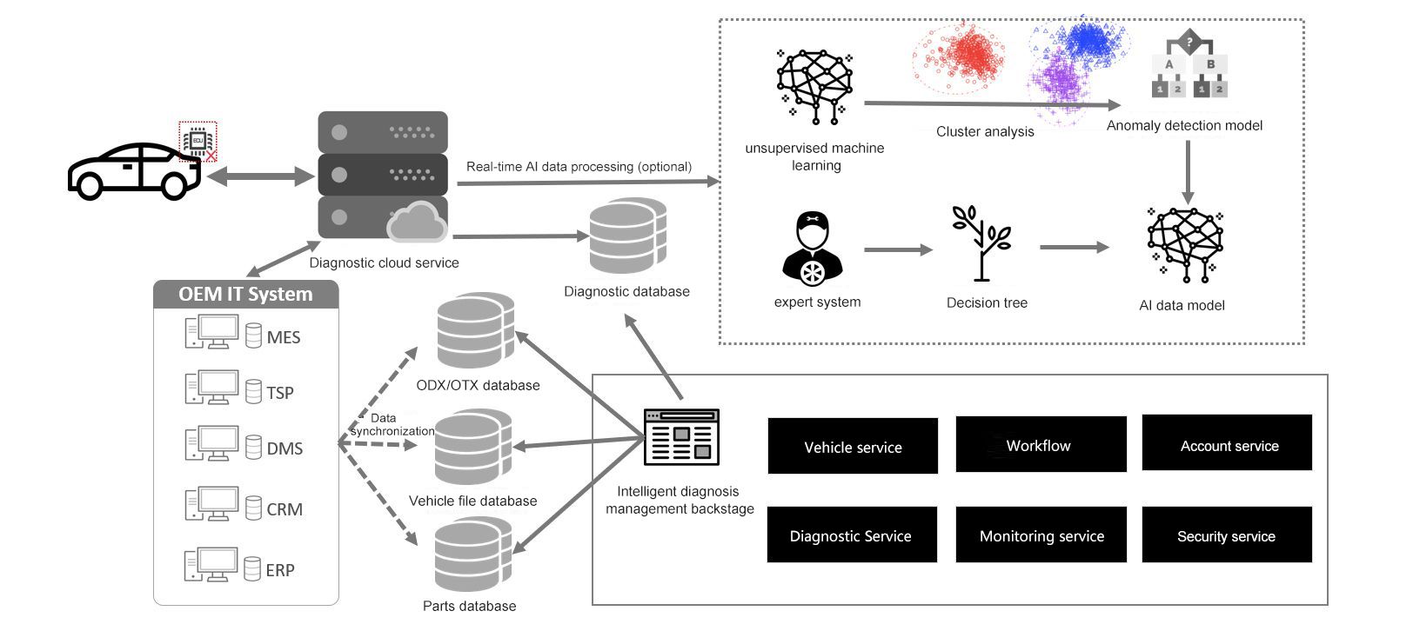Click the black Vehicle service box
pos(853,446)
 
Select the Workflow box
pos(1041,444)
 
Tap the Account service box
pos(1227,442)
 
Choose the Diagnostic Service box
pos(852,535)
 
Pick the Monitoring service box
pos(1041,535)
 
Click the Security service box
pos(1227,535)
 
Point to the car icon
pos(134,171)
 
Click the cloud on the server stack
pos(416,222)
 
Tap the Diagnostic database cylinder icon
pos(627,236)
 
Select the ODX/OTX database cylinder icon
pos(476,329)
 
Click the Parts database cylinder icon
pos(473,554)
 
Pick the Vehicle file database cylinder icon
pos(473,446)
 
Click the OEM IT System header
pos(246,295)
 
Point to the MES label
pos(284,337)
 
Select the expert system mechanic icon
pos(812,249)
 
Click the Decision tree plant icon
pos(981,243)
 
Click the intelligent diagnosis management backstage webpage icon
pos(681,437)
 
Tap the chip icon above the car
pos(198,141)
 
